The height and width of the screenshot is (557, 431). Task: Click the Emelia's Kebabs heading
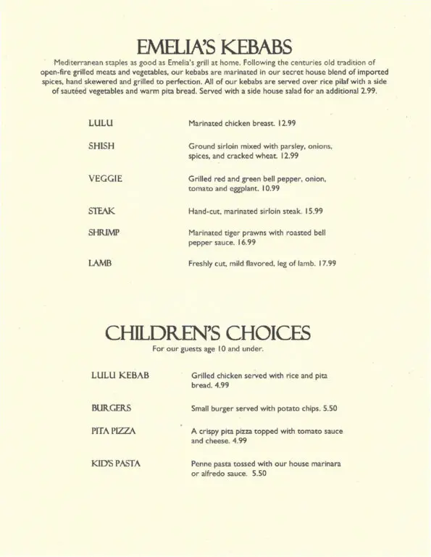(x=215, y=48)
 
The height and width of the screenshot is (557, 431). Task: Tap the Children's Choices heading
(x=208, y=332)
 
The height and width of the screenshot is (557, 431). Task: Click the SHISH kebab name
(x=101, y=146)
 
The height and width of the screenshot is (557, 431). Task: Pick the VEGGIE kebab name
(x=105, y=179)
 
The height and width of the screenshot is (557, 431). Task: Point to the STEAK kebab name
(x=101, y=211)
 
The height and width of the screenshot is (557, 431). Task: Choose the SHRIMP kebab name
(x=104, y=233)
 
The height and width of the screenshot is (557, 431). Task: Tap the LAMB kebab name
(x=100, y=264)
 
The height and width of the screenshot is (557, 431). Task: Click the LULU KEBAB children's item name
(x=120, y=376)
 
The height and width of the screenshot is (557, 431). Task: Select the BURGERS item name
(x=111, y=408)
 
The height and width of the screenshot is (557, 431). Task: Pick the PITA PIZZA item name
(x=114, y=431)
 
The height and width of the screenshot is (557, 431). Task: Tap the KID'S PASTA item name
(x=116, y=463)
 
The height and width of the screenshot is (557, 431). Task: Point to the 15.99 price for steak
(x=313, y=211)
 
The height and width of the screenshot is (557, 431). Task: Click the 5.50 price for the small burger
(x=327, y=408)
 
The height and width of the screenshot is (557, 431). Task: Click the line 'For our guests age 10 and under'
(x=208, y=349)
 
